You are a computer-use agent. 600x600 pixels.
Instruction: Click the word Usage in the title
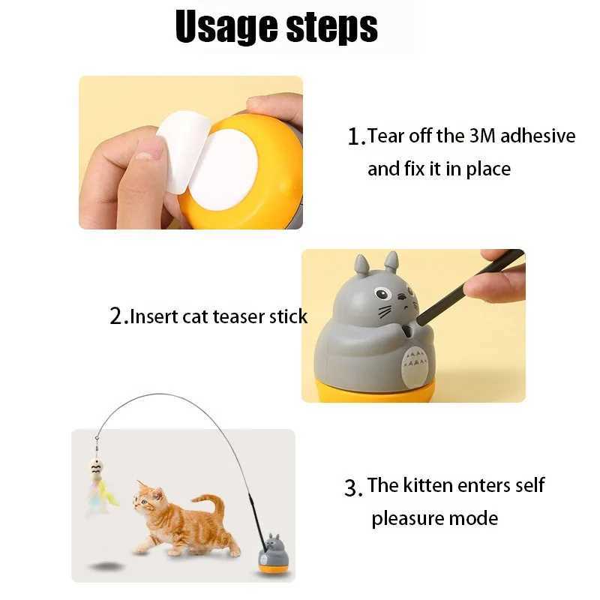(x=222, y=28)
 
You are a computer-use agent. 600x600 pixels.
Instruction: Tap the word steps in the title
(x=327, y=28)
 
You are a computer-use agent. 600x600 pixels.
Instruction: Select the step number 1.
(x=354, y=137)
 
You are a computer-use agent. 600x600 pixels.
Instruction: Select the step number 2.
(x=117, y=316)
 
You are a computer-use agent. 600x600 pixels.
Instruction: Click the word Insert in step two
(x=154, y=316)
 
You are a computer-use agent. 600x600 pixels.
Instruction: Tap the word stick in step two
(x=287, y=316)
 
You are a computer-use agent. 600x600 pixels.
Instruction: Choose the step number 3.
(x=353, y=487)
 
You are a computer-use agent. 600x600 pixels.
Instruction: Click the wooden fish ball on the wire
(x=96, y=469)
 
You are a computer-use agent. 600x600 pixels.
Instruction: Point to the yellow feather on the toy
(x=109, y=496)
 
